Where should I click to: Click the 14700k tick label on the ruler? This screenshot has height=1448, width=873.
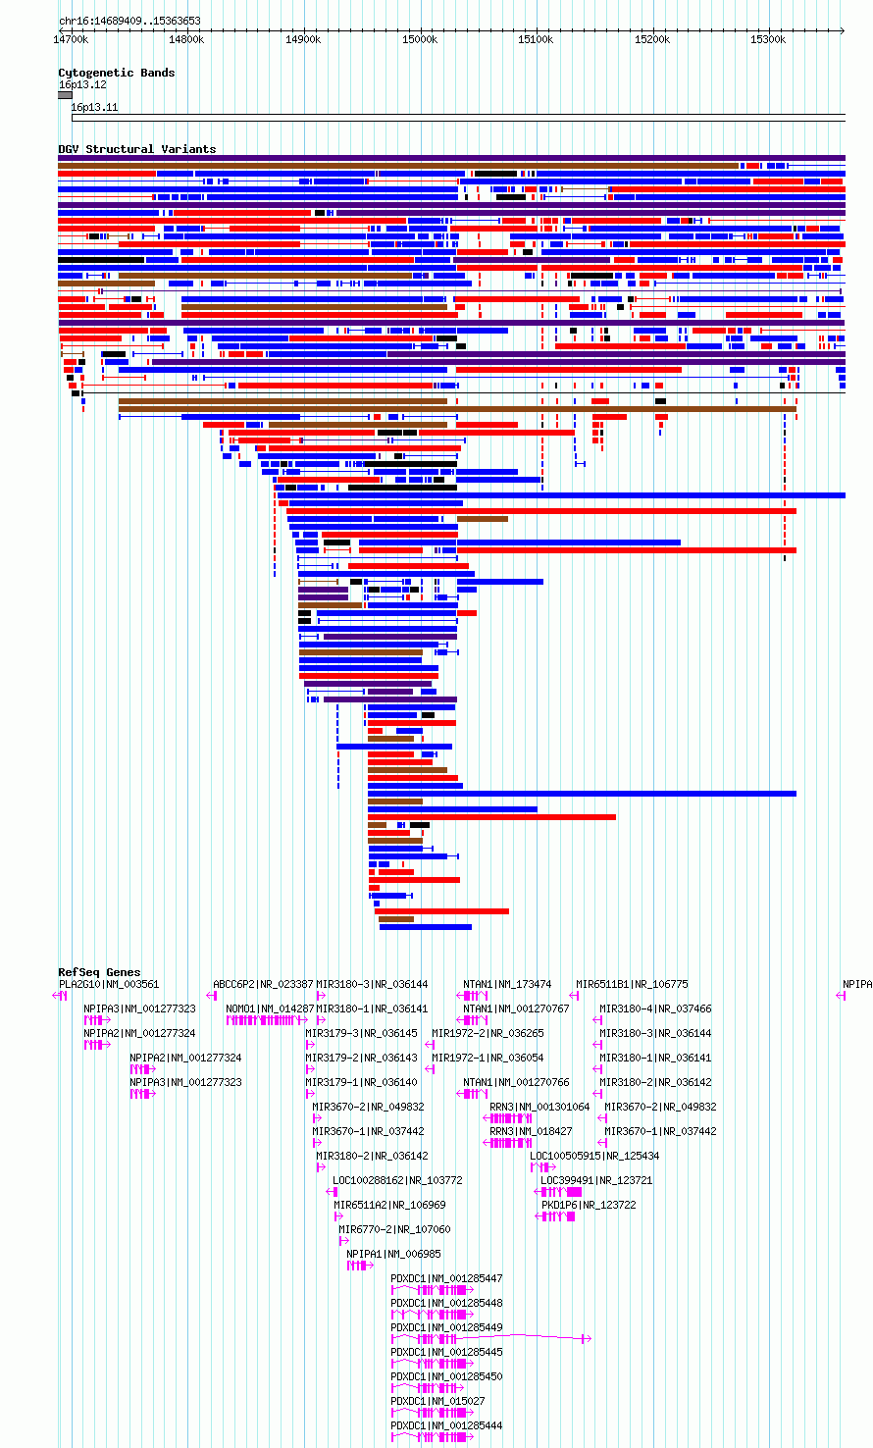(71, 39)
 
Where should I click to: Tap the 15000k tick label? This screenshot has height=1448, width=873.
(420, 39)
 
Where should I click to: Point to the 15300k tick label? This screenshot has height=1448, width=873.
(768, 39)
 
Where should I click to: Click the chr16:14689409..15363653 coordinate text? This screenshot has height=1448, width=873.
(129, 21)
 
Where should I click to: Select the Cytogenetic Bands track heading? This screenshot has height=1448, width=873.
(117, 73)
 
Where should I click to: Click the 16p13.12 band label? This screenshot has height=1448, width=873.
(82, 84)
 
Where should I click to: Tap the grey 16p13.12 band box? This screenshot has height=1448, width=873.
(66, 95)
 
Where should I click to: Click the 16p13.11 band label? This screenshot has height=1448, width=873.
(94, 107)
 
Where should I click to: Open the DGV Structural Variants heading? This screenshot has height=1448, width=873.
(137, 149)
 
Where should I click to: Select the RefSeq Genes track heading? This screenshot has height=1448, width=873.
(99, 971)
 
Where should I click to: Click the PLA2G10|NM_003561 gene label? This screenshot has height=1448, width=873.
(109, 984)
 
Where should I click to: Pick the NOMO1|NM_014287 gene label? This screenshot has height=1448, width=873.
(270, 1008)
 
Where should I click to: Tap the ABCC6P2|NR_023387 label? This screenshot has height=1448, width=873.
(263, 984)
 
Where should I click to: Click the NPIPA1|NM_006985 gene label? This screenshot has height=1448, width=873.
(393, 1254)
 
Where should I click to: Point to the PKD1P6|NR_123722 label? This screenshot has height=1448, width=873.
(589, 1205)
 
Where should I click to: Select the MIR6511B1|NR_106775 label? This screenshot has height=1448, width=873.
(632, 984)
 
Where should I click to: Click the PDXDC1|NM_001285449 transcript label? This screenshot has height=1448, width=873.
(446, 1327)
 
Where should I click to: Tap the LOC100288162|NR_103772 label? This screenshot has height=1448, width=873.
(397, 1180)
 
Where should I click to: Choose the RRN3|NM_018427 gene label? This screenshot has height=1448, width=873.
(531, 1130)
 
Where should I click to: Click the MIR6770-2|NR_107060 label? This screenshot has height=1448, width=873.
(394, 1229)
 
